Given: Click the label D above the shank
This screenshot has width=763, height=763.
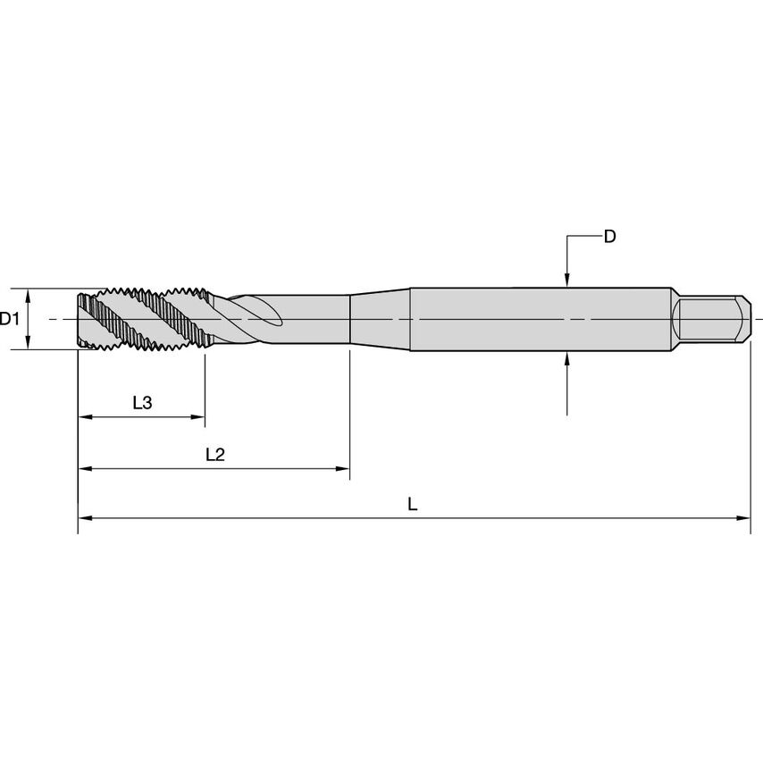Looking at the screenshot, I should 610,237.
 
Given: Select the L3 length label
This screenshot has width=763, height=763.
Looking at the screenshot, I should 142,403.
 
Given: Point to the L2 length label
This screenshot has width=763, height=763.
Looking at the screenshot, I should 214,454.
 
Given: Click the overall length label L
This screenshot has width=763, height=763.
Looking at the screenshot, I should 412,504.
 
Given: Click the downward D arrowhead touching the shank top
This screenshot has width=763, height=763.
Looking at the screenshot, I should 568,281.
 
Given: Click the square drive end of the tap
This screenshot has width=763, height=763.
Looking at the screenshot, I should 709,319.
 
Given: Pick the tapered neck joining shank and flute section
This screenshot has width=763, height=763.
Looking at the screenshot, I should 379,319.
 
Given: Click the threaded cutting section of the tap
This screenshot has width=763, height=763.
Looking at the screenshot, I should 143,319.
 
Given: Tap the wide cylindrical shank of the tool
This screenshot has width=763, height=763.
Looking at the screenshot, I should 536,319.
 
